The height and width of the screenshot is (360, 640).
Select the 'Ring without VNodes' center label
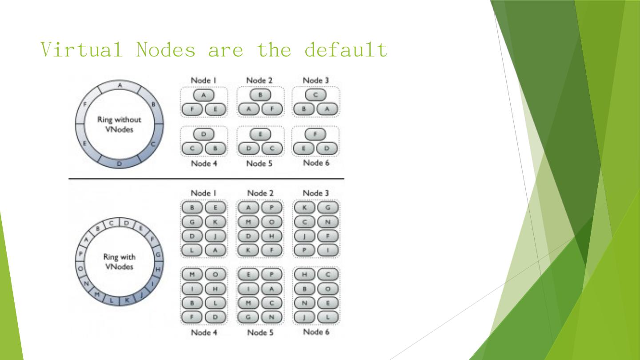[120, 124]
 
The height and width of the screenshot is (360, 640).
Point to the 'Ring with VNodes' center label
[119, 262]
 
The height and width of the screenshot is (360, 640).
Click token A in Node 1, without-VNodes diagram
[204, 95]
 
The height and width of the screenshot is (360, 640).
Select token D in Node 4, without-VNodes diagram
[204, 134]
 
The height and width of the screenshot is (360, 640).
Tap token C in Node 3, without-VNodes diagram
[316, 95]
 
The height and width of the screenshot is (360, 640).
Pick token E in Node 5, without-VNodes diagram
[260, 134]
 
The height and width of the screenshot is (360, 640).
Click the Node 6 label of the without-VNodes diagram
[316, 163]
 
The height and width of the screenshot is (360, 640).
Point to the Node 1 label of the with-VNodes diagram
[204, 193]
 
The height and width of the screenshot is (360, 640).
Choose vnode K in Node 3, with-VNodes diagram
[304, 208]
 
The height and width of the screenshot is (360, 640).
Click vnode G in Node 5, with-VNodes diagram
[248, 317]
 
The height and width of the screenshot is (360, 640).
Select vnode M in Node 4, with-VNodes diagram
[192, 274]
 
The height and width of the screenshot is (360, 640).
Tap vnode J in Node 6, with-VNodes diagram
[304, 317]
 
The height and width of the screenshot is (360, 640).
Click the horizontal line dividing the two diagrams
[206, 179]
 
